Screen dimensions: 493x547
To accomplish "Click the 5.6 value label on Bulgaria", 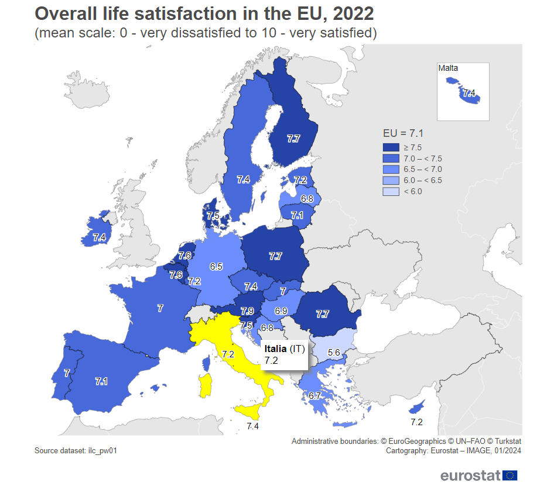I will click(334, 353).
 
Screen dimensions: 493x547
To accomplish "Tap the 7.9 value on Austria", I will click(247, 311).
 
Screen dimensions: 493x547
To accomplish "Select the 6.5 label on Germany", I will click(216, 267).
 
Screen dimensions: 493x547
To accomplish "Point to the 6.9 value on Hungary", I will click(281, 311).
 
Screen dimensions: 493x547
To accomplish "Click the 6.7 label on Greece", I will click(314, 396).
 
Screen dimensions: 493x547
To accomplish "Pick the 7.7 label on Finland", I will click(293, 139).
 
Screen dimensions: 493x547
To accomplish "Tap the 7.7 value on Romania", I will click(322, 314).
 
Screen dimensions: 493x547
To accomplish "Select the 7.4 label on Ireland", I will click(99, 237).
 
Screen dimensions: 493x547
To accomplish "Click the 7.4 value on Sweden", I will click(244, 180).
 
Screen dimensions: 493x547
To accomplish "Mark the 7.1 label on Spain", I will click(101, 381).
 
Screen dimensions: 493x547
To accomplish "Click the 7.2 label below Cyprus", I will click(416, 422).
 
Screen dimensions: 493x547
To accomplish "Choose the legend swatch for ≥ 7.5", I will click(391, 147).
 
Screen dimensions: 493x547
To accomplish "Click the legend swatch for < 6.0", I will click(391, 191).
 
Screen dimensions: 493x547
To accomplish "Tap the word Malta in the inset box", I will click(448, 68).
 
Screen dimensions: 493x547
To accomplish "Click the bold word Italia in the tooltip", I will click(275, 349).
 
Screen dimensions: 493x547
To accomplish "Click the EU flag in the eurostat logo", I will click(510, 475).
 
